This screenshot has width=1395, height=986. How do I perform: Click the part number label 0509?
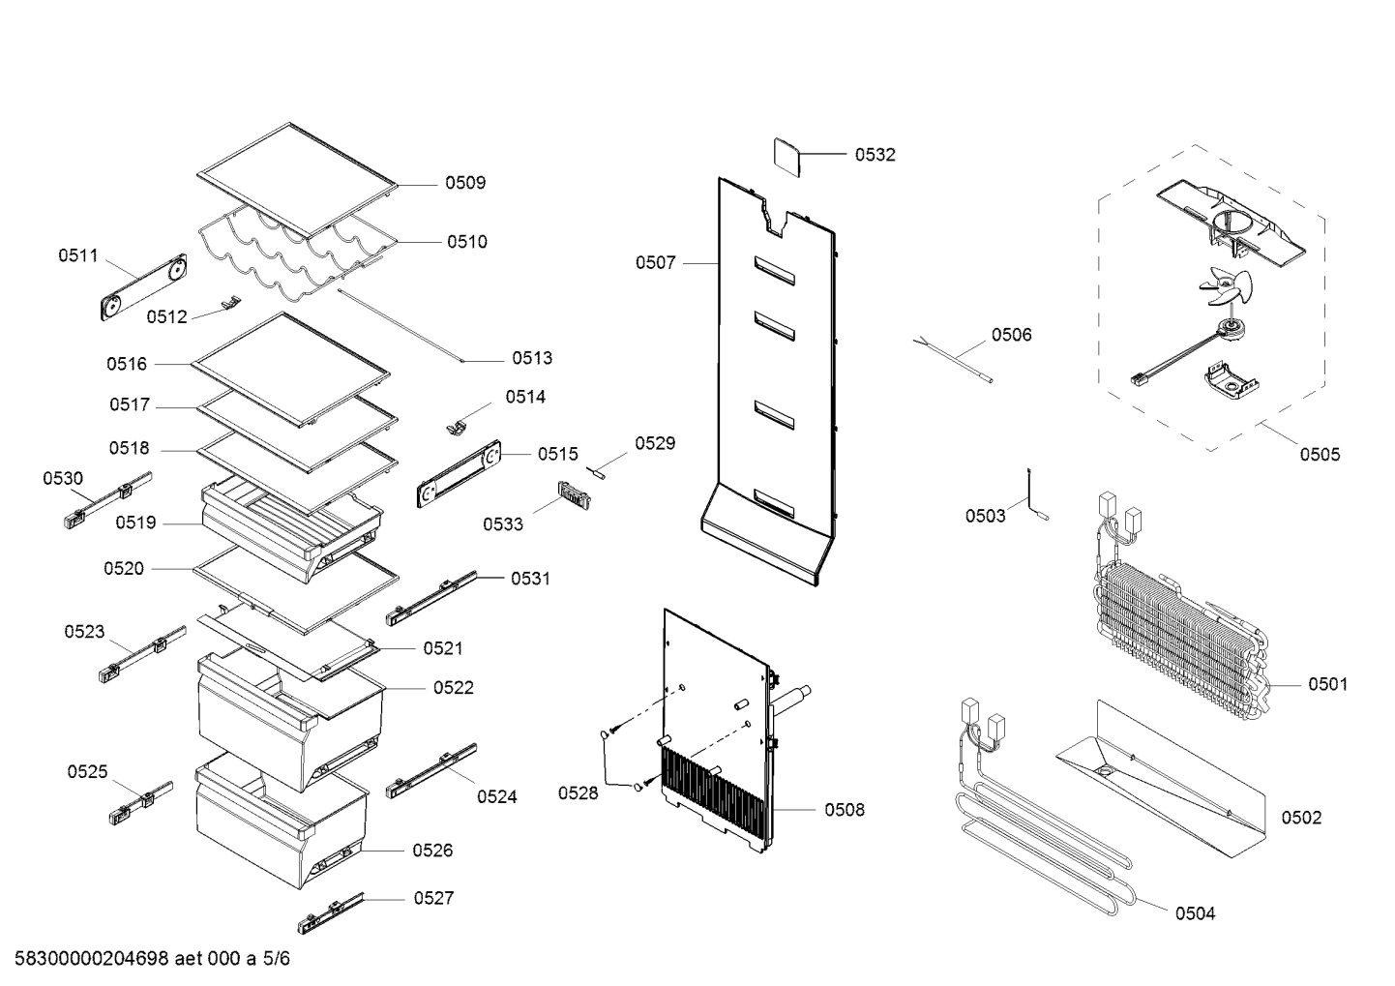pyautogui.click(x=465, y=183)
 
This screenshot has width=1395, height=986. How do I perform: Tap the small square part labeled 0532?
pyautogui.click(x=787, y=158)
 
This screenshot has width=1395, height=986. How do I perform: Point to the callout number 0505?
pyautogui.click(x=1320, y=455)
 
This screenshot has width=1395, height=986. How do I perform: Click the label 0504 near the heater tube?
pyautogui.click(x=1195, y=913)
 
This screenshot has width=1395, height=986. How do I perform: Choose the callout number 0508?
pyautogui.click(x=845, y=810)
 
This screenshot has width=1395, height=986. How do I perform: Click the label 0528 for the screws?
pyautogui.click(x=578, y=793)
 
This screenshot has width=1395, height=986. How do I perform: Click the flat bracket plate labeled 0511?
pyautogui.click(x=143, y=287)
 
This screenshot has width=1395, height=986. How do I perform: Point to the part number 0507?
pyautogui.click(x=656, y=262)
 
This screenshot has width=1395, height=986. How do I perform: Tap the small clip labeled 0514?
pyautogui.click(x=457, y=426)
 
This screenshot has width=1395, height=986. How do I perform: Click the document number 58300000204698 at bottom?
pyautogui.click(x=86, y=960)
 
